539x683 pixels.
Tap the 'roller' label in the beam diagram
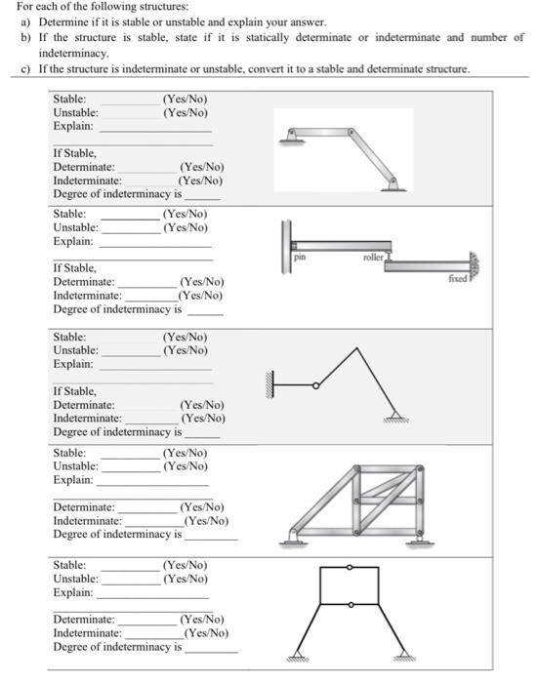pos(372,258)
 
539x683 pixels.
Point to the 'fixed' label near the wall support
pos(459,279)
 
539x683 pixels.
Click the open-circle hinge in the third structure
pos(315,386)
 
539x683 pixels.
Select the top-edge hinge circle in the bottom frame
pos(349,567)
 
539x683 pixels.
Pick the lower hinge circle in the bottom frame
pos(349,605)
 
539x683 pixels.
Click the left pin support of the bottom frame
pos(296,657)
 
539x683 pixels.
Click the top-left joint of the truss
pos(356,469)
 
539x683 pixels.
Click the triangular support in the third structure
pos(393,413)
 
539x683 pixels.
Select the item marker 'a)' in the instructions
pos(26,21)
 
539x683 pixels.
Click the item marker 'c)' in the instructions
pos(26,69)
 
